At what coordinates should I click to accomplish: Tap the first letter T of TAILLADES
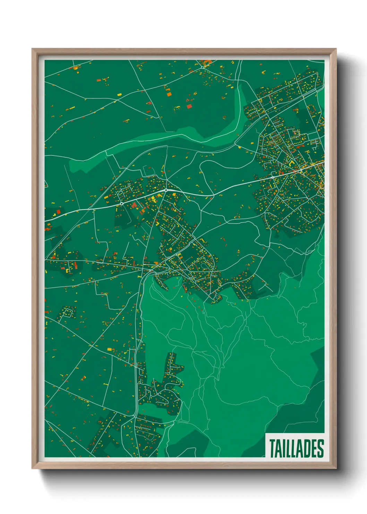(272, 448)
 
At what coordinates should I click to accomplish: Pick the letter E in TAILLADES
(314, 448)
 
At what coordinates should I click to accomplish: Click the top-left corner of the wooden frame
(32, 49)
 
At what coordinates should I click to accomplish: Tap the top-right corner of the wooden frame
(336, 49)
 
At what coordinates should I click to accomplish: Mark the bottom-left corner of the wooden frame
(32, 468)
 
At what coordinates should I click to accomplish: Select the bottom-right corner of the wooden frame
(336, 468)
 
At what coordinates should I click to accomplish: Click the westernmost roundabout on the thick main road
(122, 204)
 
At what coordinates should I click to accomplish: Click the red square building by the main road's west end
(58, 211)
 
